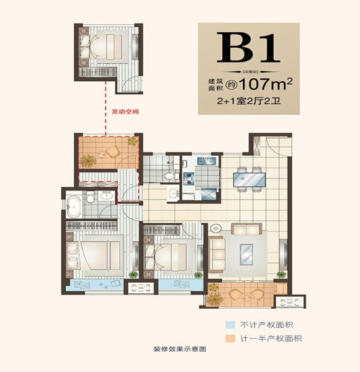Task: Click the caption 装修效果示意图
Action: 179,349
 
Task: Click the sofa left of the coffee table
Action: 218,250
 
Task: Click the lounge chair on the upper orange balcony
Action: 114,151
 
